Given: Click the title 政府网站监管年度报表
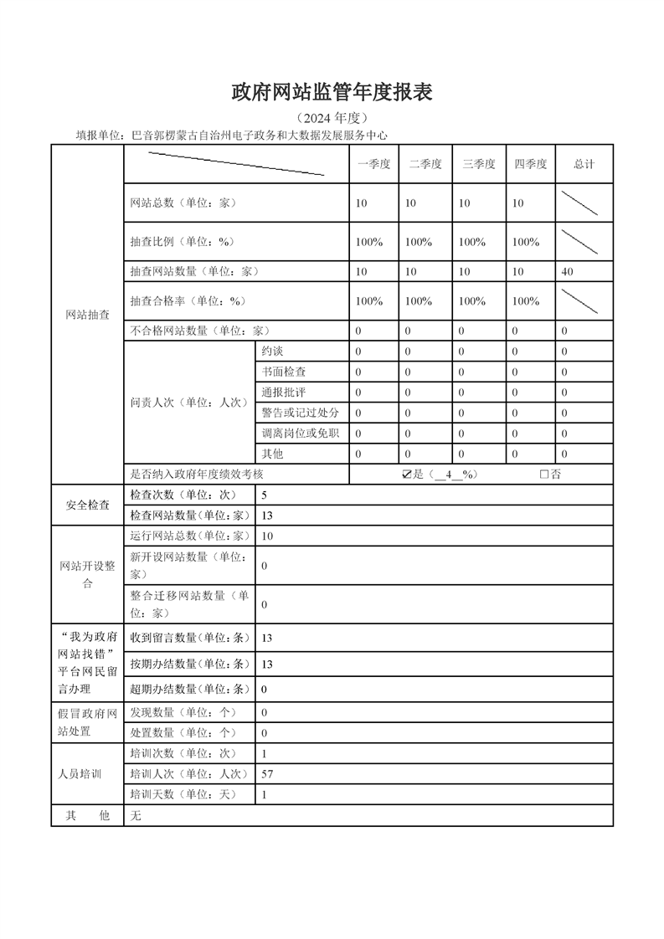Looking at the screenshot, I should (x=332, y=93).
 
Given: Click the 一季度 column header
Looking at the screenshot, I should (x=374, y=164).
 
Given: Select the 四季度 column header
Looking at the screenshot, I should (x=531, y=164).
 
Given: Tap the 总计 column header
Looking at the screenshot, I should (x=584, y=164).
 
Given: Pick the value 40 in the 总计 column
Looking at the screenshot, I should (x=568, y=272).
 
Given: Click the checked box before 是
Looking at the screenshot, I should (x=407, y=475).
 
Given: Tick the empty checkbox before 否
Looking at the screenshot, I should (x=544, y=475).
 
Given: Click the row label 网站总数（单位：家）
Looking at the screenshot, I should (x=184, y=203).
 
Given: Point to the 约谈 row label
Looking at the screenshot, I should (x=273, y=351).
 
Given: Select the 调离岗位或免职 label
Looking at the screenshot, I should (x=300, y=434).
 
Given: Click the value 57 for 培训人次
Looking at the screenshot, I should (x=267, y=775).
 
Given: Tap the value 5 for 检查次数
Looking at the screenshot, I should (x=265, y=495).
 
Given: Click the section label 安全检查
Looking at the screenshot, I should (x=87, y=505).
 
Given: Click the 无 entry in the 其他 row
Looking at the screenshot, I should (x=136, y=816).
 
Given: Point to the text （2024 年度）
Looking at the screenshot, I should (x=332, y=118).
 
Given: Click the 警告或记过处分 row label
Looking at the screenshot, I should (x=300, y=413).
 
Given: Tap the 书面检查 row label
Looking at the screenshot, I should (x=284, y=372).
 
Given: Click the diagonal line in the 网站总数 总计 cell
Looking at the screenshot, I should (x=579, y=203).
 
